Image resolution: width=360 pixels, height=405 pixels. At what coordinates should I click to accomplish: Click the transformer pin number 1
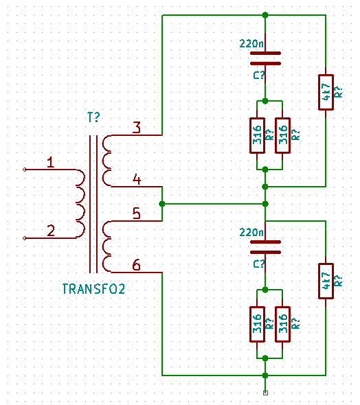[x=51, y=162]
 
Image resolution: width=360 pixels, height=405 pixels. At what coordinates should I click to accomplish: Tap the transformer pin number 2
[x=51, y=231]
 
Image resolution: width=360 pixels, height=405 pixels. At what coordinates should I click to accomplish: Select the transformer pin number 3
[x=137, y=128]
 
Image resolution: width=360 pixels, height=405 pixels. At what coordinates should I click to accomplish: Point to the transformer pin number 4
[x=137, y=179]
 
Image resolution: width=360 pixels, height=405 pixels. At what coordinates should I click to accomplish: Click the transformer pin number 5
[x=137, y=213]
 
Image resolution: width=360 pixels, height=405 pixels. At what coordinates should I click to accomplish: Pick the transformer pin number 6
[x=137, y=265]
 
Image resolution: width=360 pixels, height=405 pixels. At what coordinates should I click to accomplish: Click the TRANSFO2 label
[x=93, y=289]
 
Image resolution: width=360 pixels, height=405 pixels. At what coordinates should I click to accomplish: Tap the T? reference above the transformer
[x=93, y=117]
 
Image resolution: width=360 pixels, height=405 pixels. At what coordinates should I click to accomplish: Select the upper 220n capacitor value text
[x=251, y=43]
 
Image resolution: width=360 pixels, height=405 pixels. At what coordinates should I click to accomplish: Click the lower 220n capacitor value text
[x=251, y=232]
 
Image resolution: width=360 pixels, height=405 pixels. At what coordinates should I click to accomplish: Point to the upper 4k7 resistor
[x=326, y=92]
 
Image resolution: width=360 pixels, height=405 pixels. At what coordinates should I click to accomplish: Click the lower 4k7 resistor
[x=326, y=281]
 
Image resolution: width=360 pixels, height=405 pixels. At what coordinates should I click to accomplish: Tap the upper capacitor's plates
[x=265, y=58]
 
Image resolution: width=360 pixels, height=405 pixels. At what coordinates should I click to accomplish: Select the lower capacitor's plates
[x=265, y=247]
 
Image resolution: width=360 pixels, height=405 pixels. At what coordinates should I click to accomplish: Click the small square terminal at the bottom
[x=265, y=393]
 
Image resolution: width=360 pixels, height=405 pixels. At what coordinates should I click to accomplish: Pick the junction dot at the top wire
[x=265, y=15]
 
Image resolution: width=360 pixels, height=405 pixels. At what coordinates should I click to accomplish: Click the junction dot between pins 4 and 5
[x=162, y=204]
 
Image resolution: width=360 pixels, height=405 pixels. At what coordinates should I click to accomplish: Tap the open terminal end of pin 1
[x=25, y=170]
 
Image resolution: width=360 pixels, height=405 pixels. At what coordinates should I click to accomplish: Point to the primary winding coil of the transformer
[x=80, y=204]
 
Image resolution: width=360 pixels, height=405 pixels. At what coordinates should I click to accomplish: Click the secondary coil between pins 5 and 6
[x=106, y=246]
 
